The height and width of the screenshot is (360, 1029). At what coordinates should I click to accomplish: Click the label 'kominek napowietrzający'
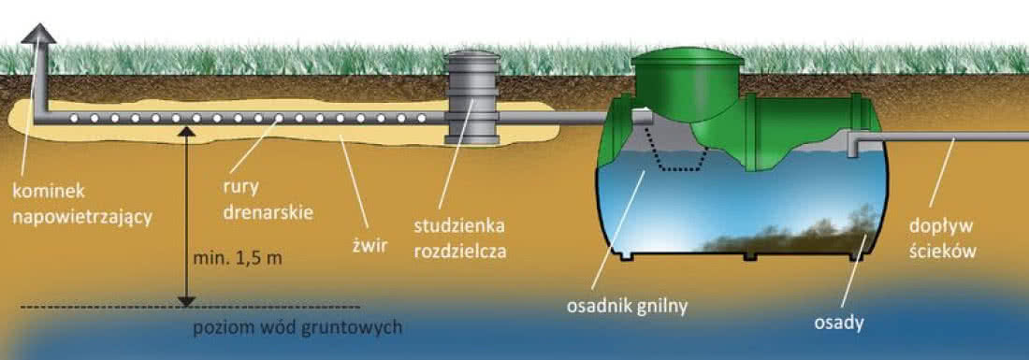82,205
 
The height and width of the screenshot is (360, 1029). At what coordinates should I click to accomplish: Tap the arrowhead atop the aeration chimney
38,33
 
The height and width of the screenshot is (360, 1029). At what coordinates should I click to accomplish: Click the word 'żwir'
370,245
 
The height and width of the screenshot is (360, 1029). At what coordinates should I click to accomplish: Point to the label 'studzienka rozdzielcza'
460,239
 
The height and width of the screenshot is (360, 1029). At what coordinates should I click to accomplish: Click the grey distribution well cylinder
471,97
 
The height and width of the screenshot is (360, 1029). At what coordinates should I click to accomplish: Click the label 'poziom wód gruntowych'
297,327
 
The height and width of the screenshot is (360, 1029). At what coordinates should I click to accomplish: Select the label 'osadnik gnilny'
627,307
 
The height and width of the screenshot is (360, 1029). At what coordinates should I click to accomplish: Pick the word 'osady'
838,323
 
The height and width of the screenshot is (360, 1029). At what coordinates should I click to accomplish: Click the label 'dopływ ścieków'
943,238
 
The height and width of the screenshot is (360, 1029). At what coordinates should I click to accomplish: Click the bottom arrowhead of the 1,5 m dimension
187,301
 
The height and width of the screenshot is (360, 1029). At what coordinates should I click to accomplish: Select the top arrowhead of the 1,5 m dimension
187,131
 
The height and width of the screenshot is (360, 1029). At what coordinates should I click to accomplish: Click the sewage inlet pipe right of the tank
938,137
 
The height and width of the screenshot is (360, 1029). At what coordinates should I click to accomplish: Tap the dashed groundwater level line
190,307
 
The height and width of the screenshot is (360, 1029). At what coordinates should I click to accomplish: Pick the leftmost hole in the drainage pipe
74,118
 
